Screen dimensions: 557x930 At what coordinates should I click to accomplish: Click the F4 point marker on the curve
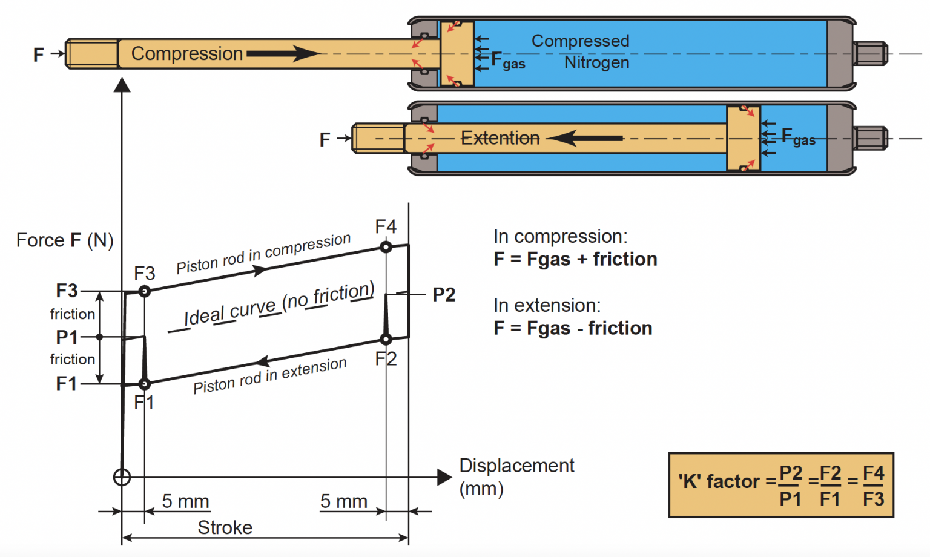(386, 247)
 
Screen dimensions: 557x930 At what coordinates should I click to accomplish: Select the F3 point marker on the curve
(144, 291)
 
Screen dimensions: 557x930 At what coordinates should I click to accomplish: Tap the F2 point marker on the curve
(386, 339)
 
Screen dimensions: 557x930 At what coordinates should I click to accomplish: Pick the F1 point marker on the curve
(144, 384)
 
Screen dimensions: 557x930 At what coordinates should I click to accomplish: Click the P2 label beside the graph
(444, 295)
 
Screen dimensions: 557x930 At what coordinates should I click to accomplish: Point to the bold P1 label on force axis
(67, 337)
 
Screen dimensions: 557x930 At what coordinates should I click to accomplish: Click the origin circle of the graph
(122, 478)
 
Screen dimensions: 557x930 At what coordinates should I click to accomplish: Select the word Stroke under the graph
(225, 528)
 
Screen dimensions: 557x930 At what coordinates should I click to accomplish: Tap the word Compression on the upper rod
(186, 54)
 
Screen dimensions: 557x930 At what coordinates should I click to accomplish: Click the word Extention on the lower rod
(500, 138)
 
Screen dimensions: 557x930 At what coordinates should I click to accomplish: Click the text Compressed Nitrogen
(581, 51)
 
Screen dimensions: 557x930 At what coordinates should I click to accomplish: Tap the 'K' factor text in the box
(719, 482)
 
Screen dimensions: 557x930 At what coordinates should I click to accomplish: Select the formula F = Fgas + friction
(575, 259)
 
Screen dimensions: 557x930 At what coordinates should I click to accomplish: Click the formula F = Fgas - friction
(573, 328)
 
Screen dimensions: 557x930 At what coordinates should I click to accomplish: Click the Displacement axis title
(516, 476)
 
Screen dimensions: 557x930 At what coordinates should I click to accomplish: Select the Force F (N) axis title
(65, 240)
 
